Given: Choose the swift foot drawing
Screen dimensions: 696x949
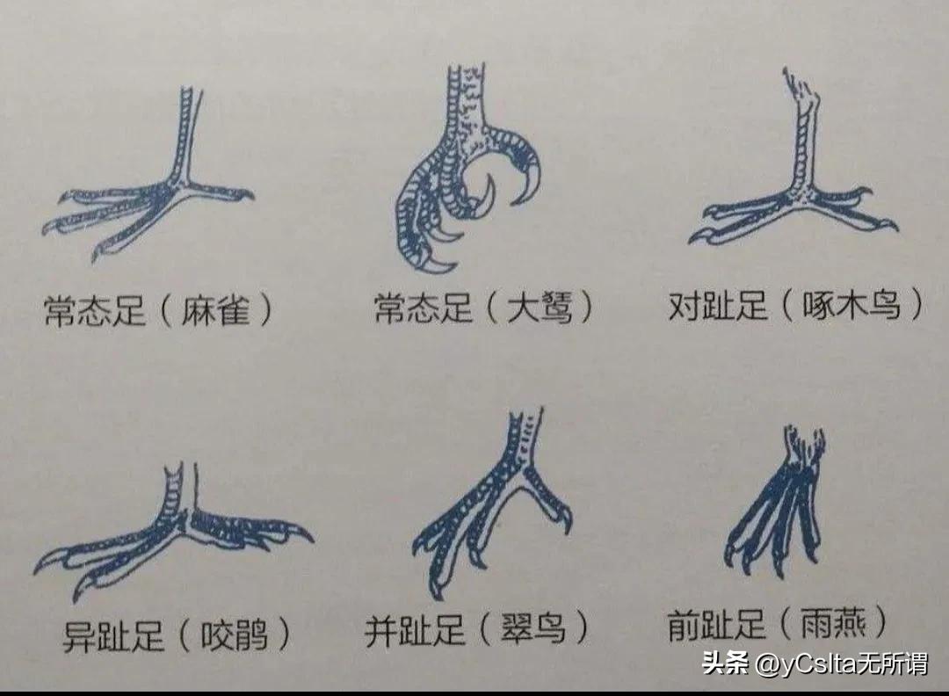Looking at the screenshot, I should [778, 501].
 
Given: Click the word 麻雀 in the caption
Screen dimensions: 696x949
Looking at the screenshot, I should [217, 309].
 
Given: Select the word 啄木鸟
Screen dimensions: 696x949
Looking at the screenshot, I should [850, 308].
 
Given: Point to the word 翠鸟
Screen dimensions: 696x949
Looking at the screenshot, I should [533, 629].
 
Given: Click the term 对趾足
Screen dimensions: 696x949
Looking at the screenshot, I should [718, 308].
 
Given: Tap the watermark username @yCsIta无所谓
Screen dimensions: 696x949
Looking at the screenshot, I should [842, 663].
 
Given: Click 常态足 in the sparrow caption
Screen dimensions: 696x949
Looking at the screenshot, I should [94, 309].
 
